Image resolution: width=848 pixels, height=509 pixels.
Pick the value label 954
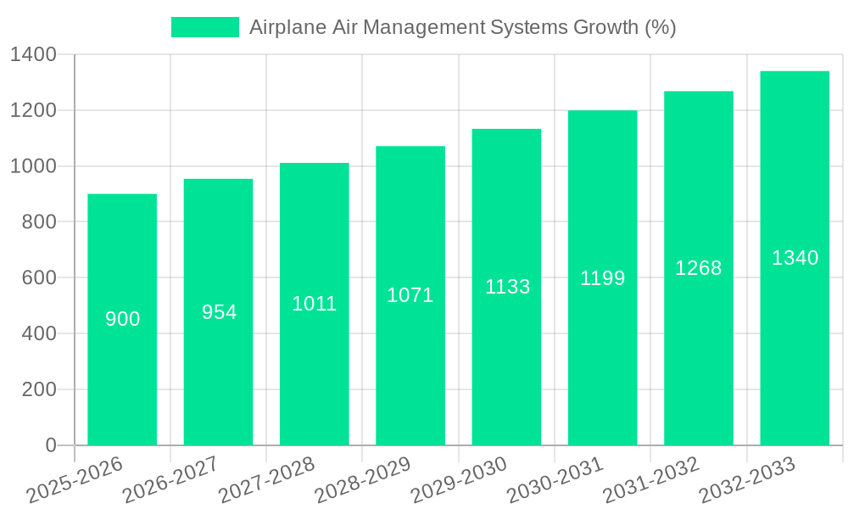pyautogui.click(x=219, y=312)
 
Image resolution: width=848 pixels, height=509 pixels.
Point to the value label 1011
pyautogui.click(x=315, y=304)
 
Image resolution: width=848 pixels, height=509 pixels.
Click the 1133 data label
pyautogui.click(x=507, y=287)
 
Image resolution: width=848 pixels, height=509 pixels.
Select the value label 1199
pyautogui.click(x=603, y=277)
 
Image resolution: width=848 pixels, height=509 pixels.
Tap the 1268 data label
pyautogui.click(x=699, y=268)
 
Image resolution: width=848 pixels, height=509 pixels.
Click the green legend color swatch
pyautogui.click(x=205, y=27)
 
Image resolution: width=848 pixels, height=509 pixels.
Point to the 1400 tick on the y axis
pyautogui.click(x=33, y=55)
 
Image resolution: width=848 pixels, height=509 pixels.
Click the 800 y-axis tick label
pyautogui.click(x=39, y=222)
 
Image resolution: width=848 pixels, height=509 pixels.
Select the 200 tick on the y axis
pyautogui.click(x=39, y=389)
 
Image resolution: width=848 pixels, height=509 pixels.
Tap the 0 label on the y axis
pyautogui.click(x=50, y=445)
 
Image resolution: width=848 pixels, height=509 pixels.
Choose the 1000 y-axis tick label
pyautogui.click(x=33, y=166)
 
